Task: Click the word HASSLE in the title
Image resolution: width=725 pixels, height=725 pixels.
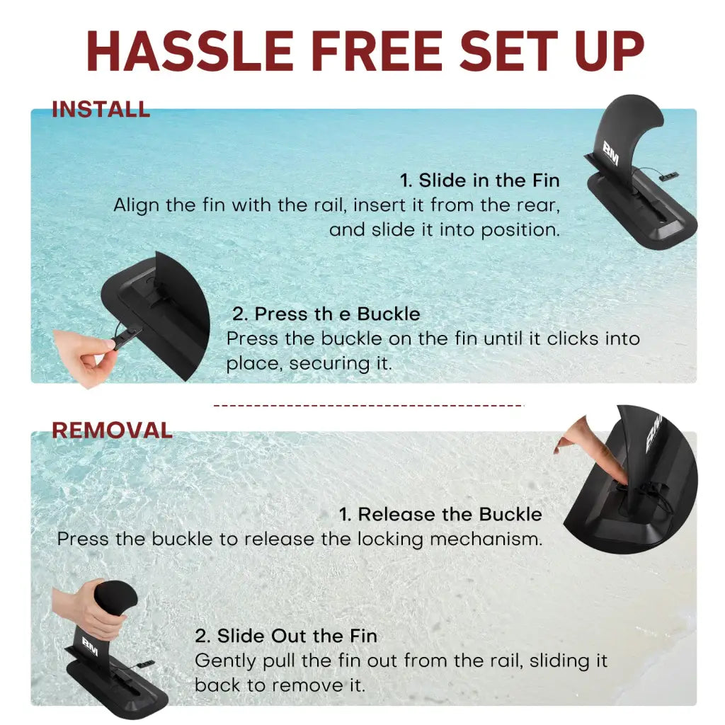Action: (190, 51)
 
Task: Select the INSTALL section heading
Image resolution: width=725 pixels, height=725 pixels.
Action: (101, 110)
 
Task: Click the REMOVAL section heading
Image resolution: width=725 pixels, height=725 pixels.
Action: (112, 430)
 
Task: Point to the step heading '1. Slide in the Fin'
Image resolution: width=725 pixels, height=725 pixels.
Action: (479, 181)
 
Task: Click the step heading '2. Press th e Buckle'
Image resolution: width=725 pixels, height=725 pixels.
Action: (326, 314)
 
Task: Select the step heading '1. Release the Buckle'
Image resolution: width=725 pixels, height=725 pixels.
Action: (440, 514)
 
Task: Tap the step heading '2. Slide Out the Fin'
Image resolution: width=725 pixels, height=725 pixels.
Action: (286, 636)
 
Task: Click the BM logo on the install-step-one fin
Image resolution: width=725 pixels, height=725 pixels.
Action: (610, 154)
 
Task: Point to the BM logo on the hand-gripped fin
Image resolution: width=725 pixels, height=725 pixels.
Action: (90, 646)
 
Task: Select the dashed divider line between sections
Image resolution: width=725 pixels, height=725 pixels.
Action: (368, 406)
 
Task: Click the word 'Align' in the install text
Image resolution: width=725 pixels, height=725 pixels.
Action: (137, 205)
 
